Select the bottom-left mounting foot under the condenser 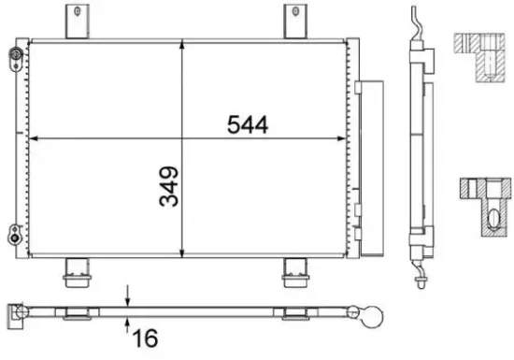[x=74, y=271]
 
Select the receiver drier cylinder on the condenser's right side [x=371, y=168]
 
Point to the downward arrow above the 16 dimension [x=128, y=296]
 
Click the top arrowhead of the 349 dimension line [x=181, y=44]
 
